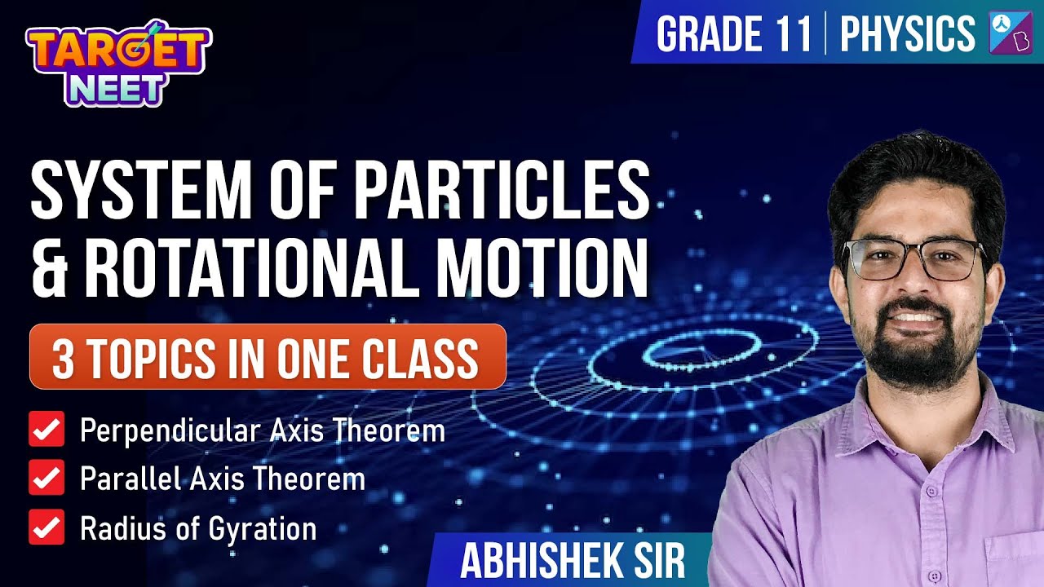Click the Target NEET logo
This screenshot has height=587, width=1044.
coord(118,64)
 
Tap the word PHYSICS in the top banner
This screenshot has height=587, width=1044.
coord(907,34)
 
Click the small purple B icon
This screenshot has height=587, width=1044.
coord(1011,34)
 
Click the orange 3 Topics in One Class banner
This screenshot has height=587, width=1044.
coord(268,356)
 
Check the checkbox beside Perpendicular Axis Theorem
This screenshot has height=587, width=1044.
coord(46,430)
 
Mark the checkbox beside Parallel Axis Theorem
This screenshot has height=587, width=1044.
coord(46,479)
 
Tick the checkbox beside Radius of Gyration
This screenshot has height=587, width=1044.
coord(46,527)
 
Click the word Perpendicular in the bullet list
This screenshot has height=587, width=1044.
coord(164,430)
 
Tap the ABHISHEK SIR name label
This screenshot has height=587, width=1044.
coord(572,561)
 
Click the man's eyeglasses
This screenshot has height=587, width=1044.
coord(913,259)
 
